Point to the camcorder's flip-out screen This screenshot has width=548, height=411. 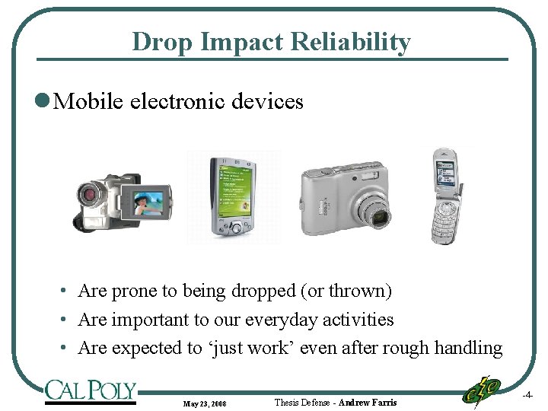[148, 201]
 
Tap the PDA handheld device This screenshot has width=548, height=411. [232, 197]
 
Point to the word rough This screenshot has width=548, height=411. [410, 349]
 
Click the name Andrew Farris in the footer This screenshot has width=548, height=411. [368, 402]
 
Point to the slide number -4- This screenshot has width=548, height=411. [527, 395]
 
